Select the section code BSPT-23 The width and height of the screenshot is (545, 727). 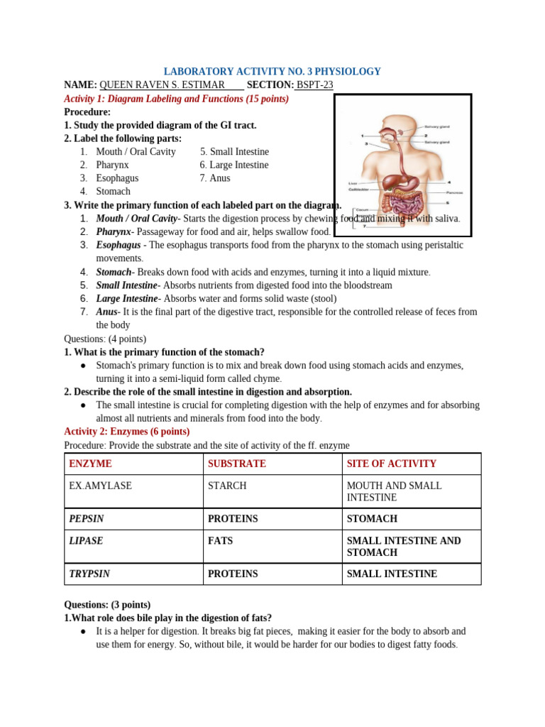pos(314,85)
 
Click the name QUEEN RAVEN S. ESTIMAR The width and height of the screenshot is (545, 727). pos(162,85)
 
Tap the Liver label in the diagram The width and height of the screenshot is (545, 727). pos(353,183)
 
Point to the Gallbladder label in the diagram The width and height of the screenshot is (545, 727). pos(358,190)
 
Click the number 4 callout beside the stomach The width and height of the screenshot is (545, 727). pos(448,182)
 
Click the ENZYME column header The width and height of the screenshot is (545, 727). pos(90,464)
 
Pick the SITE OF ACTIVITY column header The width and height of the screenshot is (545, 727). pos(391,464)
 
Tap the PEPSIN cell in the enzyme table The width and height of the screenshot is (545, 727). pos(86,519)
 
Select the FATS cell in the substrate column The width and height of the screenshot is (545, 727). pos(220,541)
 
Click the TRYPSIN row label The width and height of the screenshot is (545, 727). pos(89,574)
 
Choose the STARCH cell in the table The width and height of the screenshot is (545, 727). pos(227,486)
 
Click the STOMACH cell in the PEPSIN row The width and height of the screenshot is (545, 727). pos(372,519)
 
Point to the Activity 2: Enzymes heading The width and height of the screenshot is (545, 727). pos(127,432)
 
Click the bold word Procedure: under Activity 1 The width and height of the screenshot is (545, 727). pos(87,112)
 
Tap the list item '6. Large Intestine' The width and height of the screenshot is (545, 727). pos(234,165)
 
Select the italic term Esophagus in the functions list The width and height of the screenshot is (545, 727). pos(119,245)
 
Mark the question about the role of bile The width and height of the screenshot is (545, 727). pos(168,618)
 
